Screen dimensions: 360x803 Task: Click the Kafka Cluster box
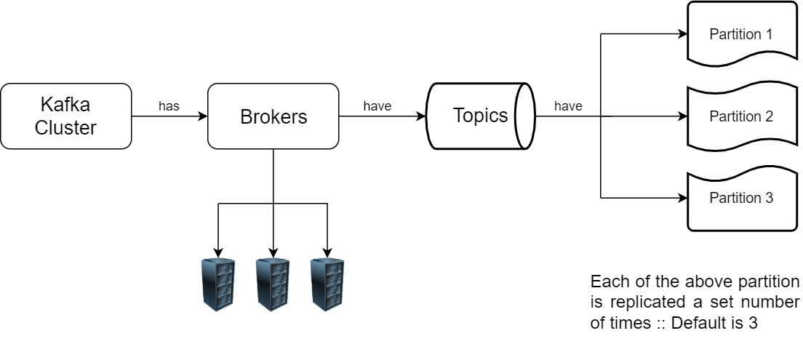(66, 116)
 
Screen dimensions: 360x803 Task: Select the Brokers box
(273, 116)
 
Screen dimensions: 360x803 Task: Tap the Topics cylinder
(479, 116)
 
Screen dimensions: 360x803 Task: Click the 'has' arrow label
(169, 106)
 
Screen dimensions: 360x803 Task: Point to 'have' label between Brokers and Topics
(377, 106)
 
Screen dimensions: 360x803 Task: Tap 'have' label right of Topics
(568, 106)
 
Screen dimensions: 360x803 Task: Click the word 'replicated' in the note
(639, 303)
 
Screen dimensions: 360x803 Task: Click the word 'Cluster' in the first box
(66, 128)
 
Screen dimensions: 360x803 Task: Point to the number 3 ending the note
(753, 323)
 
